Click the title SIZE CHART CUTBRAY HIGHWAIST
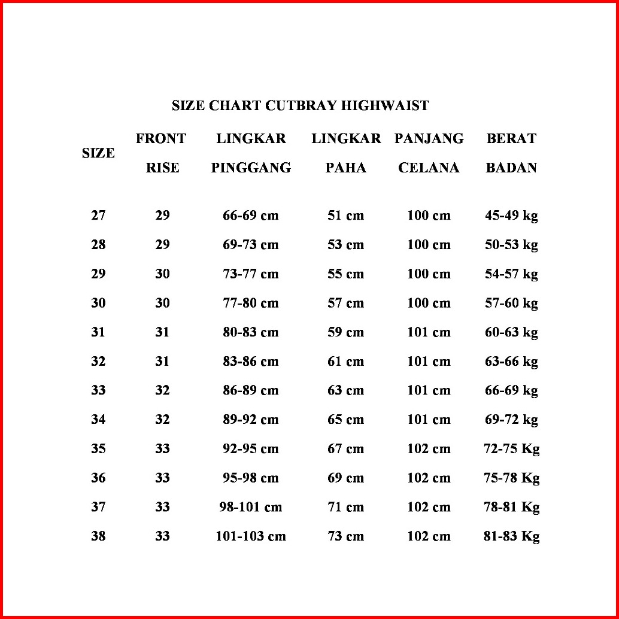click(x=300, y=106)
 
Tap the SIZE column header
click(x=98, y=153)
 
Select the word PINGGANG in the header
click(x=251, y=168)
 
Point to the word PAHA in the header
click(x=345, y=168)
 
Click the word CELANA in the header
click(x=429, y=168)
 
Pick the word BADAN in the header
click(x=511, y=168)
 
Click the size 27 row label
click(x=98, y=216)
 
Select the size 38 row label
click(x=98, y=536)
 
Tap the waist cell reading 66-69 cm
click(x=251, y=216)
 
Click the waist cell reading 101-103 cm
click(x=251, y=536)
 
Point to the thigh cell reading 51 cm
click(x=345, y=216)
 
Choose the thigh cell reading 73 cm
click(x=345, y=536)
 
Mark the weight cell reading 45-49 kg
click(x=511, y=216)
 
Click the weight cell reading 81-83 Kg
click(x=511, y=536)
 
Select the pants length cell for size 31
click(x=429, y=332)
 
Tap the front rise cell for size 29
click(x=162, y=274)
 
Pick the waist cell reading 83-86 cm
click(x=251, y=362)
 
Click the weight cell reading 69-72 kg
click(x=511, y=420)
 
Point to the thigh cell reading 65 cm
click(x=345, y=420)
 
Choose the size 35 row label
click(x=98, y=449)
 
